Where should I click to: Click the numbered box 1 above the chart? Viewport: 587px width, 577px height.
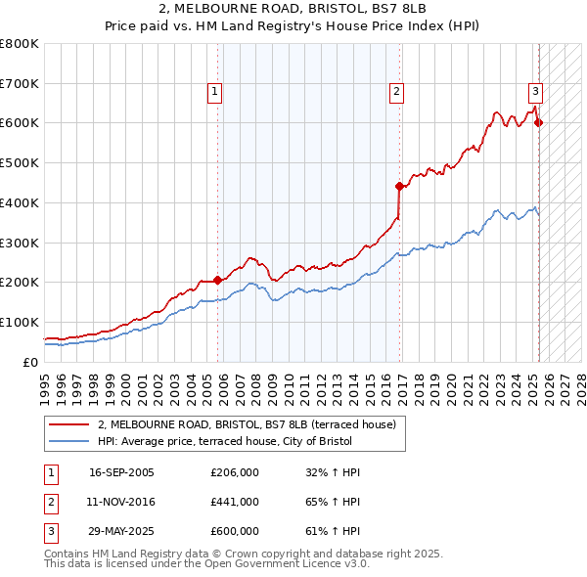[214, 92]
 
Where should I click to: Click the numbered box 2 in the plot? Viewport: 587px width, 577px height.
[396, 92]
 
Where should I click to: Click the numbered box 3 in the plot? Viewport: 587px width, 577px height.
[535, 92]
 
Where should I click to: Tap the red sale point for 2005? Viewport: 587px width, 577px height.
[217, 280]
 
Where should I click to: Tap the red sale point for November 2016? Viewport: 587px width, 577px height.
[399, 185]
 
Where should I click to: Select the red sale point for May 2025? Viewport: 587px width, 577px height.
[539, 122]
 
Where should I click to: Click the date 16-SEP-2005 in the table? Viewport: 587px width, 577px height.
[121, 472]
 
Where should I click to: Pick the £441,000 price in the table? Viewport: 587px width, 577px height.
[235, 502]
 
